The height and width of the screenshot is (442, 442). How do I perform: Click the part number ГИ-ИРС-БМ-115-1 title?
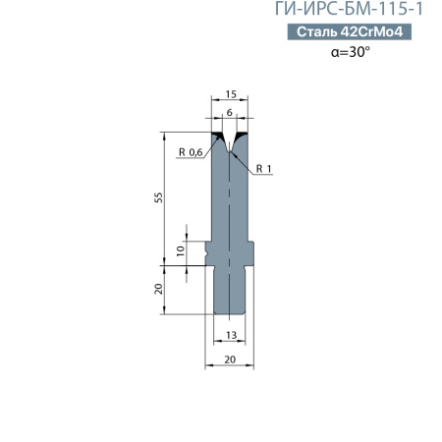click(349, 9)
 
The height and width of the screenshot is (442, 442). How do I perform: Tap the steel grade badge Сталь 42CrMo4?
click(350, 31)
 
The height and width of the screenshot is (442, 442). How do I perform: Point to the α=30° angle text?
click(351, 52)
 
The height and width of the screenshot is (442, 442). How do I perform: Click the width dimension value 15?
click(231, 94)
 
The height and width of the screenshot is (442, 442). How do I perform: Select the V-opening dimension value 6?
click(230, 112)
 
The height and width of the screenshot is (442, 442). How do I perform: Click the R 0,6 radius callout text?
click(191, 152)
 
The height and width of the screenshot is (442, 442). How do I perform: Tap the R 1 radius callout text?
click(263, 169)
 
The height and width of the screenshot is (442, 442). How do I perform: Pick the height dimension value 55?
click(158, 197)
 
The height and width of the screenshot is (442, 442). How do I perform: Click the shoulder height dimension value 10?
click(181, 251)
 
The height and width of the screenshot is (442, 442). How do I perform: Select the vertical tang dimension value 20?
click(158, 289)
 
